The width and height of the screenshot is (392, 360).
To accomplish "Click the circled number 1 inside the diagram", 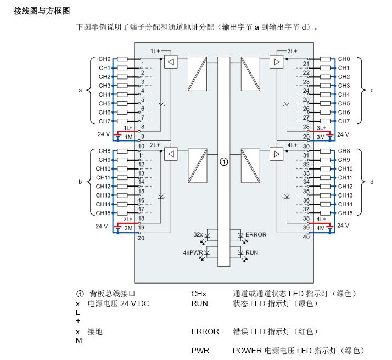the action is coord(224,162).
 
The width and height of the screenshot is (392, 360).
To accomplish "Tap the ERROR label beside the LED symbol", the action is coord(256,234).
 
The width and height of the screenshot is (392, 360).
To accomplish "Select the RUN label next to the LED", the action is coord(251,252).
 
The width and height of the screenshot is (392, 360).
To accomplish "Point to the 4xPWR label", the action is coord(193,252).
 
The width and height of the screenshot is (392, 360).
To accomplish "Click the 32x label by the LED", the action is coord(198,234).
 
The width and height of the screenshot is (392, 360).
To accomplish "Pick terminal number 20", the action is coord(141,238).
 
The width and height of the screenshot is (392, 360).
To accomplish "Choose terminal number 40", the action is coord(306,237).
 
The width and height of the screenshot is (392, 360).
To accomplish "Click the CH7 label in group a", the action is coord(104,121).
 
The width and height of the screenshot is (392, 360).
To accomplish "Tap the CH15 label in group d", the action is coord(345,213).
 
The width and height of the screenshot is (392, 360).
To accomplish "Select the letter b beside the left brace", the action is coord(80,182).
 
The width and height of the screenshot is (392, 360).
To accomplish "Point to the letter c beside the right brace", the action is coord(372,91).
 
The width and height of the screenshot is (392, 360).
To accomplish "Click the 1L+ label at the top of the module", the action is coord(155,51).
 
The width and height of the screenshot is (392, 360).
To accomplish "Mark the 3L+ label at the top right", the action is coord(292,51).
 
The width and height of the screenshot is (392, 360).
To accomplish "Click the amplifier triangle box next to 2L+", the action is coord(171,154).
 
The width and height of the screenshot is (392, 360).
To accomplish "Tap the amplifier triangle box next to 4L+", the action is coord(277,154).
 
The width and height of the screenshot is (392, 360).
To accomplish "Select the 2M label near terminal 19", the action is coord(128,228).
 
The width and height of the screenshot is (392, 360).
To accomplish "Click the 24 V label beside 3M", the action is coord(343,134).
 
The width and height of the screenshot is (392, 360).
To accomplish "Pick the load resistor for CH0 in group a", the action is coord(122,59).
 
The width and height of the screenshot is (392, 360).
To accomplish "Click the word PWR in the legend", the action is coord(200,351).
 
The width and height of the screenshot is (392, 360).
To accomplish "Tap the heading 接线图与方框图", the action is coord(42,11).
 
